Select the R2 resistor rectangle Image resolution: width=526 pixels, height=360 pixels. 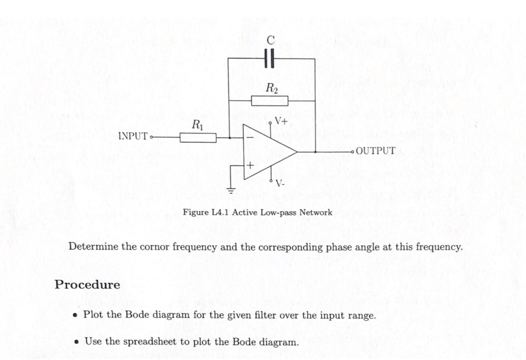coord(270,101)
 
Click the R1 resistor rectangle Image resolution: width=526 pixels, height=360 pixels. coord(198,138)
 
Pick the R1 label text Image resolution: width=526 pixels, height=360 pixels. coord(197,124)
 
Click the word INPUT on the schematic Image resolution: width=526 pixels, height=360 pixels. coord(133,137)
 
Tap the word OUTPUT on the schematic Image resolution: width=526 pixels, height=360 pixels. coord(375,151)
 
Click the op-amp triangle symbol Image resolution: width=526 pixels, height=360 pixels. coord(268,152)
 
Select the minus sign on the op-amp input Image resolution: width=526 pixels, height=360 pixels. coord(250,138)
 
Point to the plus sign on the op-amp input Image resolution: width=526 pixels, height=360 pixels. coord(250,166)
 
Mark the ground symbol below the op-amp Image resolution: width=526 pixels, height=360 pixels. coord(231,190)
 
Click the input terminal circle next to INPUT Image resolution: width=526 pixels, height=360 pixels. coord(151,137)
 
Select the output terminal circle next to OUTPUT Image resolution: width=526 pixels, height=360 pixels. coord(352,152)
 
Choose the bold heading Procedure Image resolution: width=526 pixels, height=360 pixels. coord(87,285)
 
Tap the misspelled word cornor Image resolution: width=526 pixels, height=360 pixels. coord(153,247)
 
